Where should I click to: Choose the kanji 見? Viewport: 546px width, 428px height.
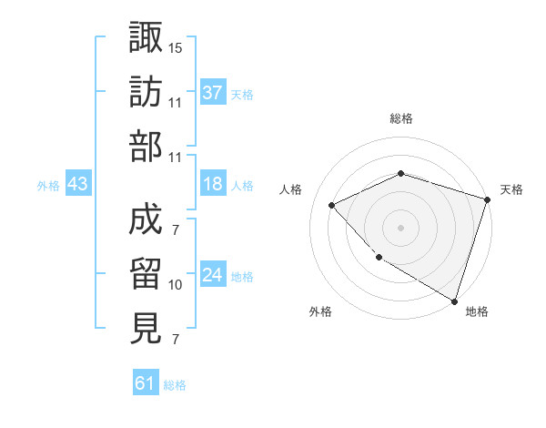point(146,328)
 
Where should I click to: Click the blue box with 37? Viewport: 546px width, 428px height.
point(213,92)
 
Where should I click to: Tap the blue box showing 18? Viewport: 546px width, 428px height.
point(213,184)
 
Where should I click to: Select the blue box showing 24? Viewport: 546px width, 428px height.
point(213,276)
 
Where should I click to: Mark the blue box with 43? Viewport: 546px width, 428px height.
point(78,184)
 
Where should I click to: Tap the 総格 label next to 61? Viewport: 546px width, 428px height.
point(175,385)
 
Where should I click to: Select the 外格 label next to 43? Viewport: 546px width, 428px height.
point(48,186)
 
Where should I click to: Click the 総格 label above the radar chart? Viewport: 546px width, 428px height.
point(400,118)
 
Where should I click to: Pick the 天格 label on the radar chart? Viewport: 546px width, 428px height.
point(511,189)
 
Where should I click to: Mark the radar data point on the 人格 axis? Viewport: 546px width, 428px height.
point(332,205)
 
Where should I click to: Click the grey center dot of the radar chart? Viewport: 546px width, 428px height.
point(400,227)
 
